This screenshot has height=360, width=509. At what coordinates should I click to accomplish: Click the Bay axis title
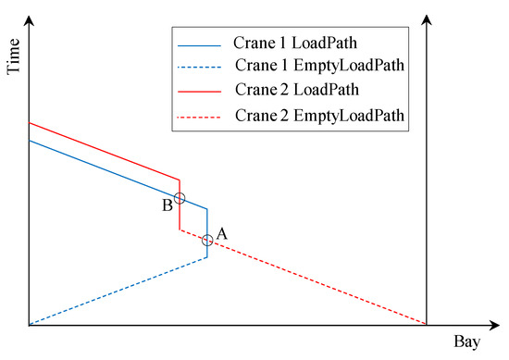[466, 342]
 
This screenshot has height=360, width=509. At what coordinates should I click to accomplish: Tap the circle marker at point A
[207, 241]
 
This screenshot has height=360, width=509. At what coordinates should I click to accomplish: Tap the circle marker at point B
[180, 198]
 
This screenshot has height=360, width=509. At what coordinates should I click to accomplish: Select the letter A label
[221, 234]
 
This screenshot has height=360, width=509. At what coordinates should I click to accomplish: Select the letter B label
[167, 205]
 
